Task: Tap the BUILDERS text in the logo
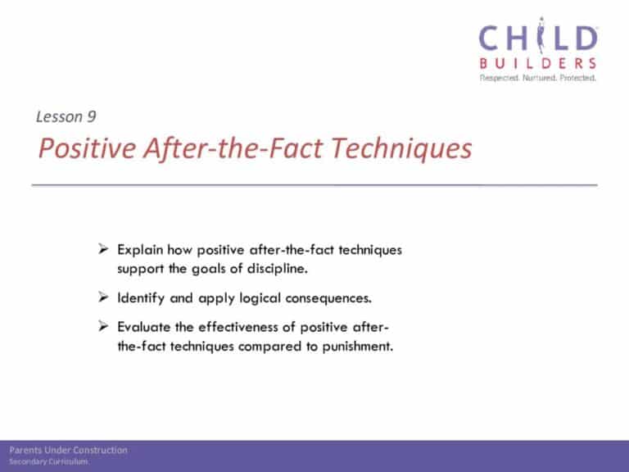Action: click(x=538, y=63)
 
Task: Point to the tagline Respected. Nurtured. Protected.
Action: click(x=538, y=78)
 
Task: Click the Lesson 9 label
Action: click(x=66, y=117)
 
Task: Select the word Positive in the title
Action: click(x=87, y=148)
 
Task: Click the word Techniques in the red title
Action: click(x=401, y=148)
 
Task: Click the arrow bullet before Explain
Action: click(x=103, y=249)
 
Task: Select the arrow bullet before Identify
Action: click(x=103, y=297)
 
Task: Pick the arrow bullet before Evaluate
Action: click(x=103, y=326)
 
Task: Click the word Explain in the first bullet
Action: click(x=140, y=250)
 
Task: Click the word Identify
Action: click(x=141, y=298)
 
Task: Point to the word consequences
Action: click(x=328, y=298)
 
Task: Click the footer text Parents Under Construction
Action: click(x=68, y=450)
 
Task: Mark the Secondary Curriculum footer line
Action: click(x=48, y=461)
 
